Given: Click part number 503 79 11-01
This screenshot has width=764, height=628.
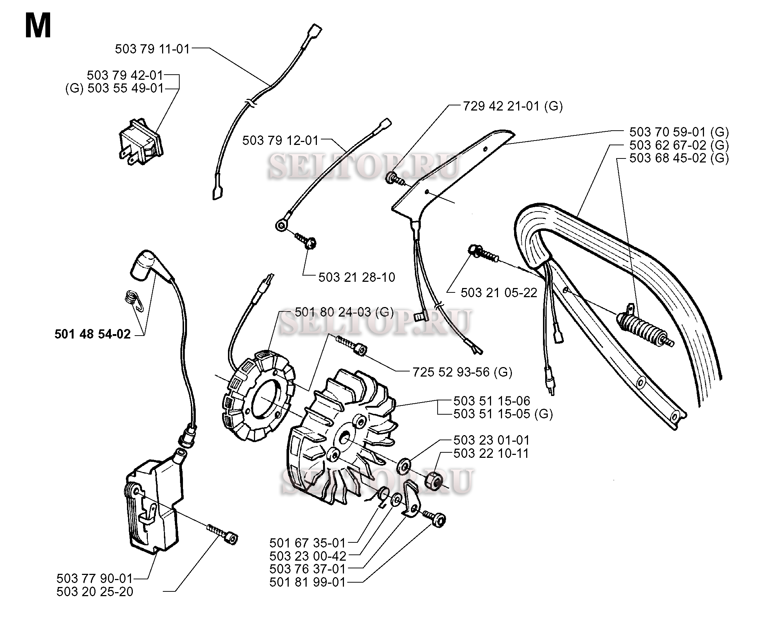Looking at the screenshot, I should [x=153, y=49].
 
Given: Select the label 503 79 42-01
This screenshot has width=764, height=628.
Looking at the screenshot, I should [x=125, y=75].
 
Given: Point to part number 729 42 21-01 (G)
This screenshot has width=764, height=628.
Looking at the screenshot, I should [x=513, y=106].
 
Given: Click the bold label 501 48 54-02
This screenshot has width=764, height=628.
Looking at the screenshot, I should [x=93, y=334].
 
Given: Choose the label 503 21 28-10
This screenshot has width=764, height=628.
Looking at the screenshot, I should [x=356, y=277].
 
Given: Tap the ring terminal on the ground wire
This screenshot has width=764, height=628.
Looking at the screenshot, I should [x=281, y=226].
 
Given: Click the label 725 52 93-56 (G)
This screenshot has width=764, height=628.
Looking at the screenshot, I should [x=462, y=372].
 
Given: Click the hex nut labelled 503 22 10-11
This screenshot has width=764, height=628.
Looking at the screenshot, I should [x=434, y=480].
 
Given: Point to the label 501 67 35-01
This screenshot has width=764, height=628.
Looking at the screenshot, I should [x=307, y=542].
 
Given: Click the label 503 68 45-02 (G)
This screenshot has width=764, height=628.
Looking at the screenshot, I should [x=679, y=158].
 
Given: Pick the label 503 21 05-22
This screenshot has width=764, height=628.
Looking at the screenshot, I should [x=499, y=292].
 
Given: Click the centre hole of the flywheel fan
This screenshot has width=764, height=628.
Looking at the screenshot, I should [x=345, y=438].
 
